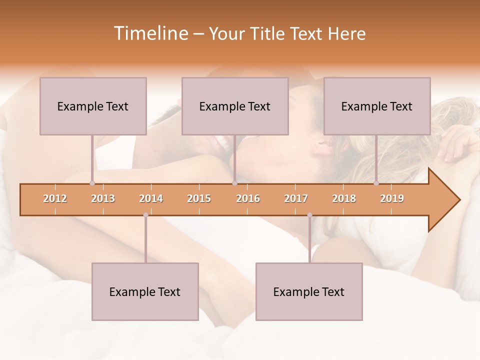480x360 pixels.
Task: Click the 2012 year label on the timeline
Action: tap(55, 198)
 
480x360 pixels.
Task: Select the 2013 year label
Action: tap(103, 198)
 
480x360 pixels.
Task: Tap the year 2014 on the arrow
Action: tap(151, 198)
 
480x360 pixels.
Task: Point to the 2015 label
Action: tap(199, 198)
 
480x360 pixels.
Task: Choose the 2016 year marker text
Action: tap(248, 198)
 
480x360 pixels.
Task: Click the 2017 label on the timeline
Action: tap(296, 198)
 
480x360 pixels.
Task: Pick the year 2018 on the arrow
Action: tap(344, 198)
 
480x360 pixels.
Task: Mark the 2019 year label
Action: tap(392, 198)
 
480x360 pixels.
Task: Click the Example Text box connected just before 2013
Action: tap(93, 106)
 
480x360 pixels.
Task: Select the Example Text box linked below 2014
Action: tap(145, 291)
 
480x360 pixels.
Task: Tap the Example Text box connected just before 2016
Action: tap(235, 106)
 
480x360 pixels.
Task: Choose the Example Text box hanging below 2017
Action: tap(309, 291)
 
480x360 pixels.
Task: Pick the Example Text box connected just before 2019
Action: tap(377, 106)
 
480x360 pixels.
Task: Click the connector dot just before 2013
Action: tap(92, 183)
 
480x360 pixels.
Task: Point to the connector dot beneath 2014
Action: tap(145, 215)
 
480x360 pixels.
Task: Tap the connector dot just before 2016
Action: tap(234, 183)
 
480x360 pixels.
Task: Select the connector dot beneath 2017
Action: tap(309, 215)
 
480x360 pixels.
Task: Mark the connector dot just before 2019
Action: tap(376, 183)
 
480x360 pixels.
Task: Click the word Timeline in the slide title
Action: tap(150, 33)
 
